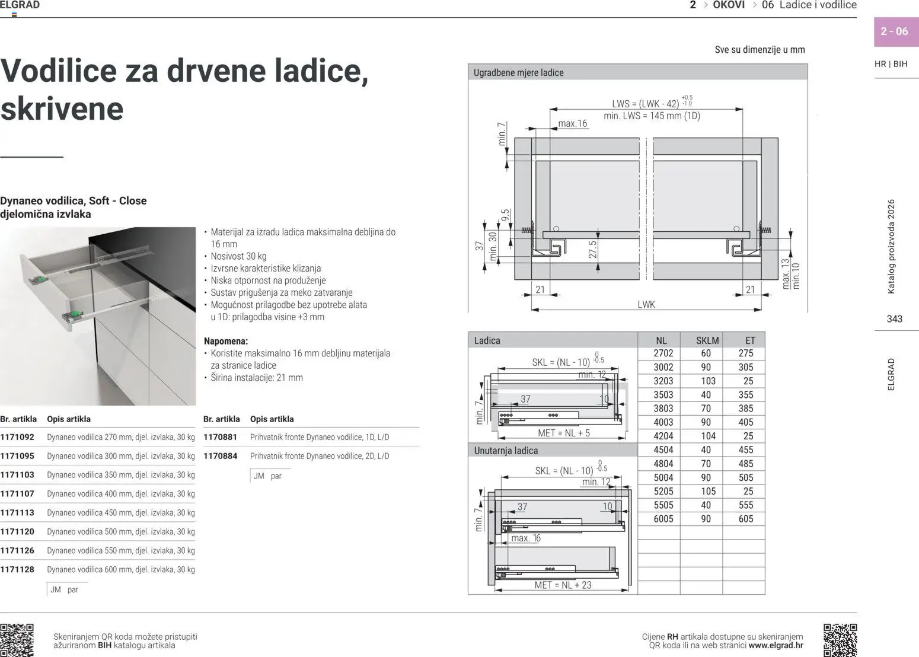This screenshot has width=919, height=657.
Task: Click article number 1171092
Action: click(17, 437)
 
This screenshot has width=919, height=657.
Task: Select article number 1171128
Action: click(17, 569)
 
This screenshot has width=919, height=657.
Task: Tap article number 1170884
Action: click(220, 456)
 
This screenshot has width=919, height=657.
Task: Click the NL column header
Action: click(661, 340)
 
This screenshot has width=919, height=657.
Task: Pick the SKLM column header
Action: click(707, 340)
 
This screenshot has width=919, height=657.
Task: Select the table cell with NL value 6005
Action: click(663, 519)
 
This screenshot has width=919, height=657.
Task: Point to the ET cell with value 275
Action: click(746, 353)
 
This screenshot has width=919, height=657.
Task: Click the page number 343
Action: click(894, 319)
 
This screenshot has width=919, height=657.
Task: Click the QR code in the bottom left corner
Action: click(17, 640)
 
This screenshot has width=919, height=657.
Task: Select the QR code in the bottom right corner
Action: click(840, 640)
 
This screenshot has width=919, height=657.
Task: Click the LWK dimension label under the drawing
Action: click(646, 304)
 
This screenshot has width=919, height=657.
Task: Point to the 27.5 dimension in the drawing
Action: click(592, 250)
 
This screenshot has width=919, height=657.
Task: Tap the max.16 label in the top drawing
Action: click(572, 123)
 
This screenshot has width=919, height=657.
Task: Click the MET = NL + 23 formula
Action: click(563, 585)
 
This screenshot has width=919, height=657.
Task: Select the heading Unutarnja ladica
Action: click(506, 451)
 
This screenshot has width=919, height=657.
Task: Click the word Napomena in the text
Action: click(225, 341)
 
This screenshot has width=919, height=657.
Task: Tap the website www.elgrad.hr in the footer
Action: click(776, 645)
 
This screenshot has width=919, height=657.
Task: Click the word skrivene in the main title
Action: click(62, 109)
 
